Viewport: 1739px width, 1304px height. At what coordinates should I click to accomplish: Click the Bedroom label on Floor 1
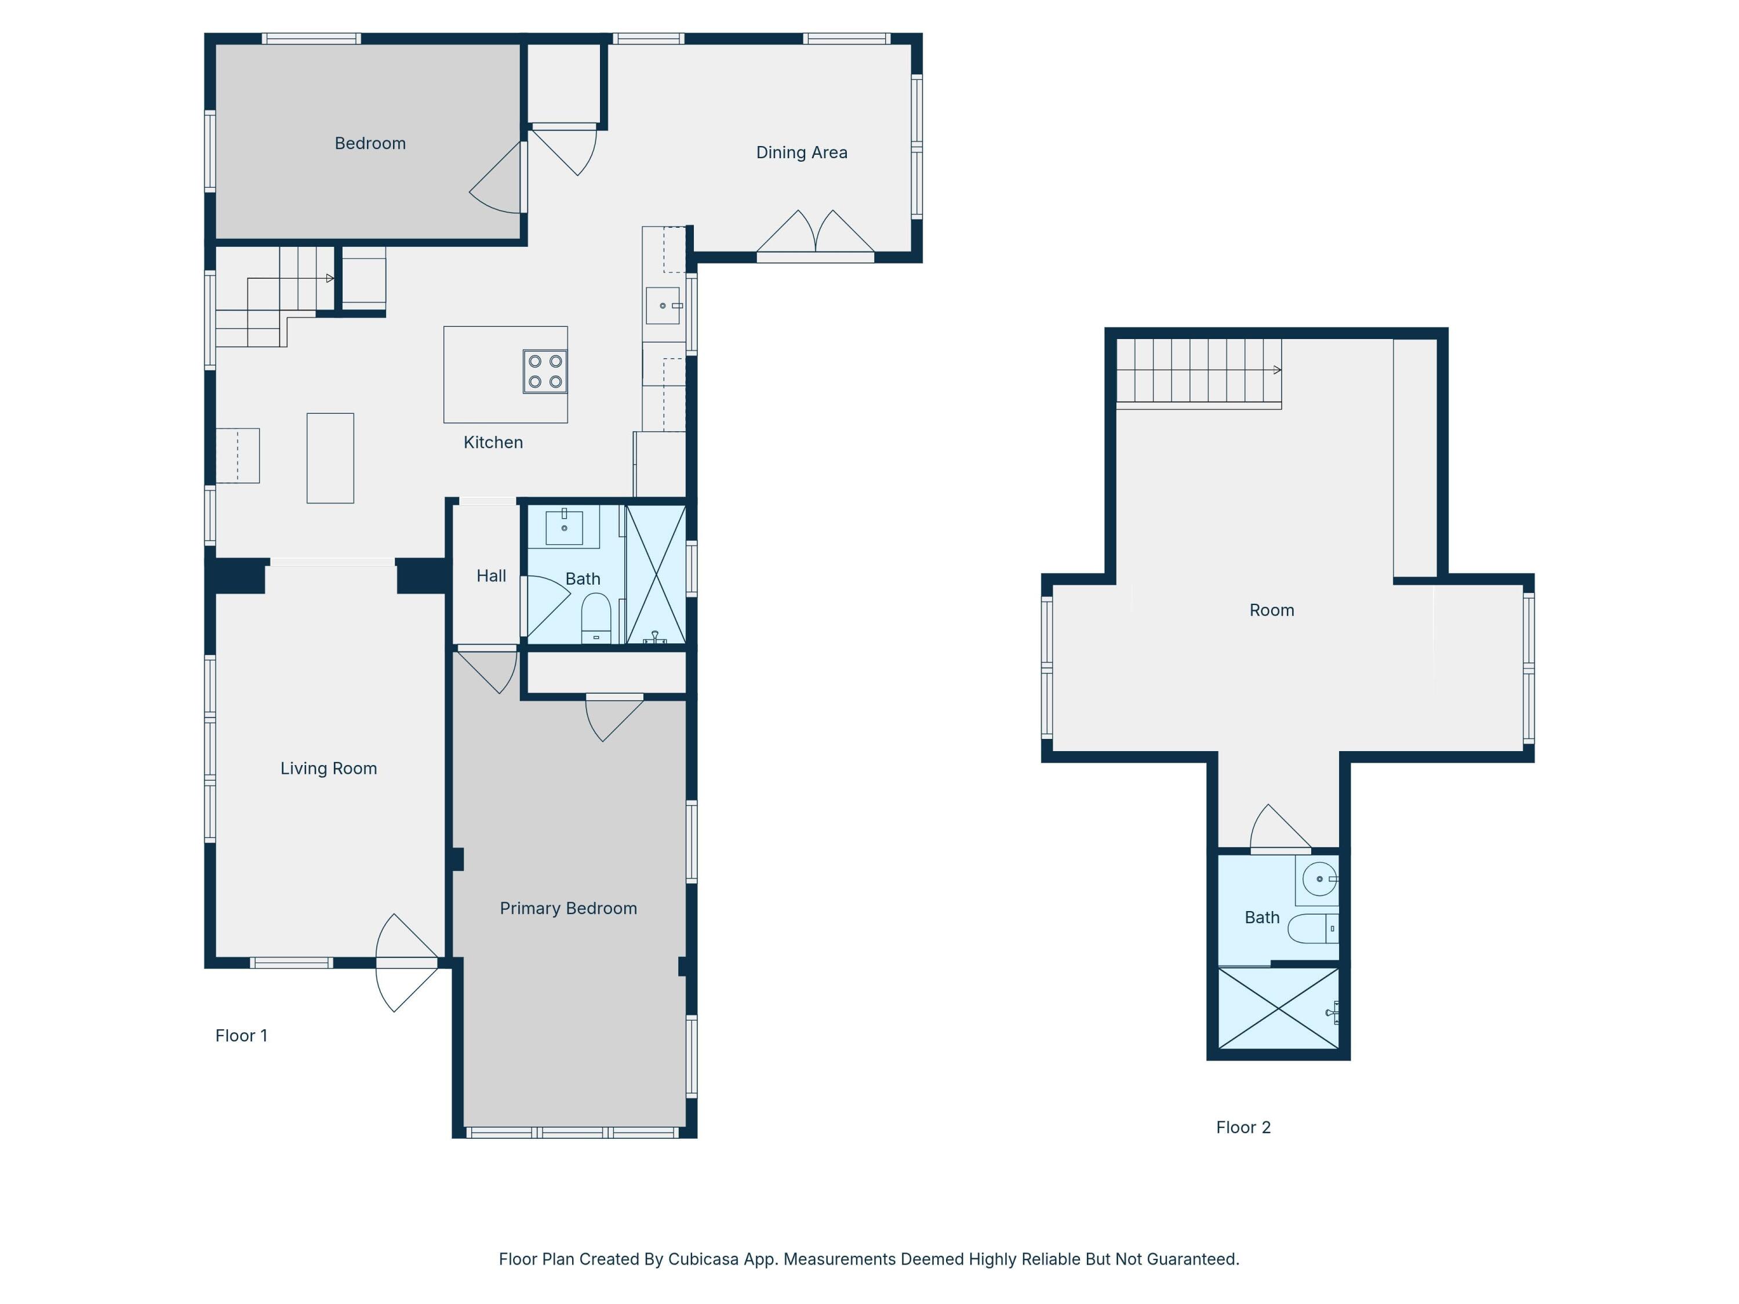[x=370, y=143]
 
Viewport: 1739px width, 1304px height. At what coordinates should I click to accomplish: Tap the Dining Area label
[x=801, y=152]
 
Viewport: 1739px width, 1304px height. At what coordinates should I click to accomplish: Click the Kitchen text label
[x=493, y=443]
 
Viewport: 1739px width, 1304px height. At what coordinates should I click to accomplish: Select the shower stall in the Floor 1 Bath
[x=656, y=574]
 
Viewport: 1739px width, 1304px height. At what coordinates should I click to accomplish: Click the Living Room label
[x=329, y=768]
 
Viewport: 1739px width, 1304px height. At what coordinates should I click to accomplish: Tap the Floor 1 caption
[x=241, y=1036]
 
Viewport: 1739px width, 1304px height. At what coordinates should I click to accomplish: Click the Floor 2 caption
[x=1243, y=1127]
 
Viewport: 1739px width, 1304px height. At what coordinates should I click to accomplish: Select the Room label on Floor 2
[x=1271, y=610]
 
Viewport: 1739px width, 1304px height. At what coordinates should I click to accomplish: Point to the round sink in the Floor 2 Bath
[x=1319, y=879]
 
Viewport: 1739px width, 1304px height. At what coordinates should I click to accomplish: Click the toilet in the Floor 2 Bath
[x=1311, y=928]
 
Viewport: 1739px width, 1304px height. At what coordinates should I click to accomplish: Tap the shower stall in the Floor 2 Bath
[x=1278, y=1008]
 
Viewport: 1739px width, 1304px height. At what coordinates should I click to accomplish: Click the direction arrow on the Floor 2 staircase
[x=1277, y=369]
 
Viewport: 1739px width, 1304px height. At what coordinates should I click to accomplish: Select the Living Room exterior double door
[x=406, y=963]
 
